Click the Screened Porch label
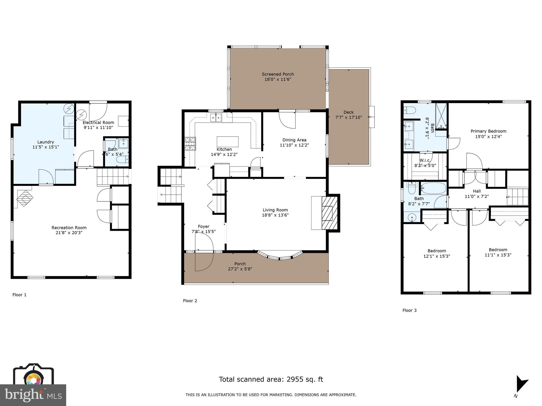coord(278,74)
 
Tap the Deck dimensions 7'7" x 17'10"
coord(348,117)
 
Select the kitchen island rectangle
coord(227,142)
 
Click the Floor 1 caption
coord(19,295)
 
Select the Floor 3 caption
coord(409,310)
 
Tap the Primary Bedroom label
coord(488,131)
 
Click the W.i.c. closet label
coord(425,160)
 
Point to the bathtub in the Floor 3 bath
coord(433,188)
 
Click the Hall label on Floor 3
coord(477,191)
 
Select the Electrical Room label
coord(98,122)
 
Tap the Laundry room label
coord(46,142)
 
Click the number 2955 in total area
coord(296,379)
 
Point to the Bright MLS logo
coord(33,395)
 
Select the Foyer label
coord(204,227)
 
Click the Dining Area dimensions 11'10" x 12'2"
coord(294,145)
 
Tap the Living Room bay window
coord(280,256)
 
